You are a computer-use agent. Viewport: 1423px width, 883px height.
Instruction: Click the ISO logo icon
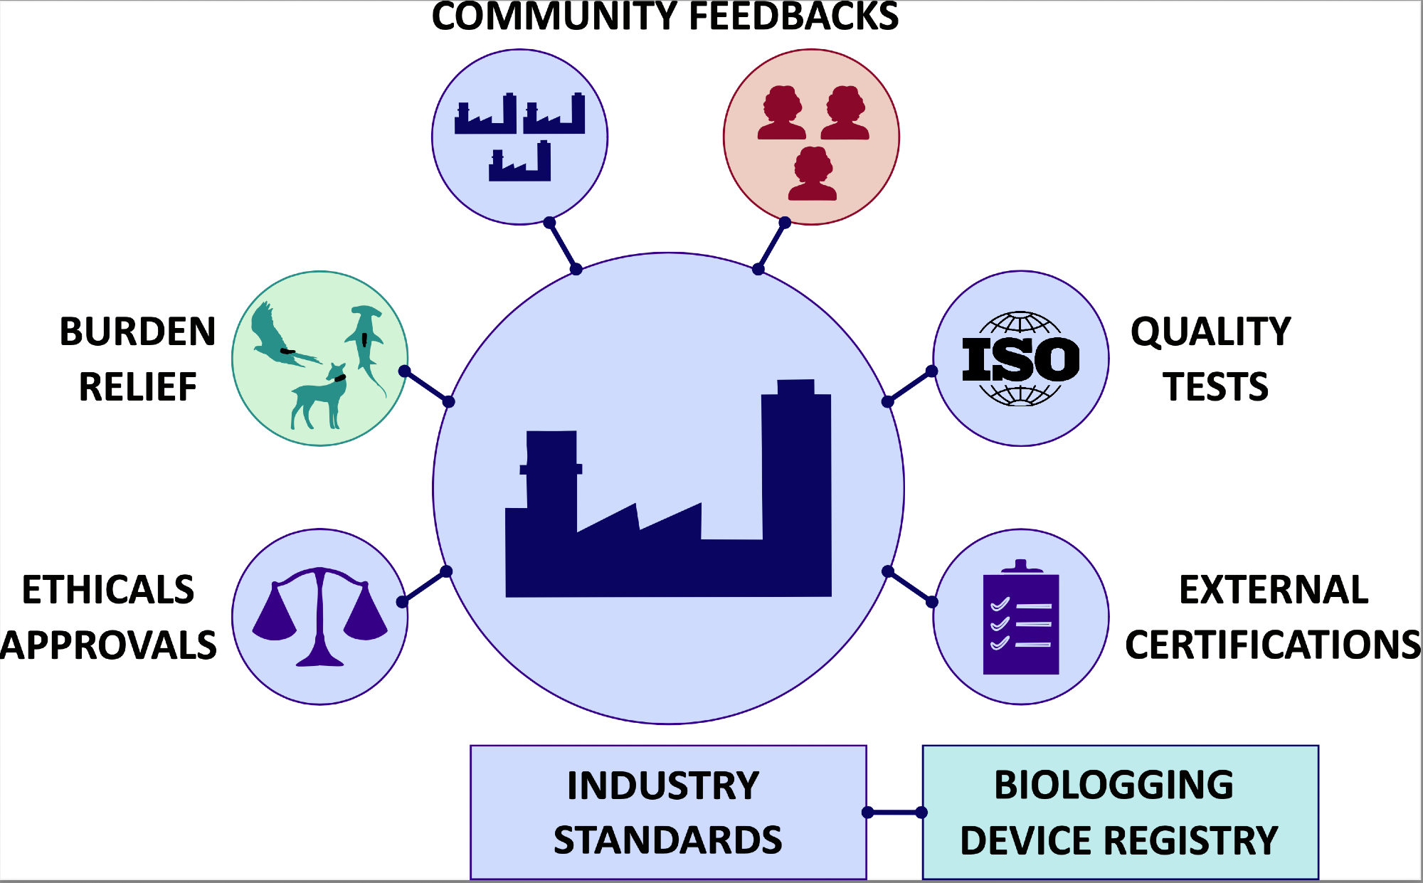point(1020,359)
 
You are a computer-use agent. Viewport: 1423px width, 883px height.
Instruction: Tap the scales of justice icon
point(320,616)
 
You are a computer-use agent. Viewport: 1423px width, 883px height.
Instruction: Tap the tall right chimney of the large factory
point(796,462)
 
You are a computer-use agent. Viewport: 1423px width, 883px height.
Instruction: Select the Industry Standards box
point(668,812)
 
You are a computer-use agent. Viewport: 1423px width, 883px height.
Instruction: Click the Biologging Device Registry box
point(1120,812)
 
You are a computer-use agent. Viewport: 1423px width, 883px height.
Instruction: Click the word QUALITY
point(1210,332)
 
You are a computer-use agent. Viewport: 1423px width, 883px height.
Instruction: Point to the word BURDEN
point(137,332)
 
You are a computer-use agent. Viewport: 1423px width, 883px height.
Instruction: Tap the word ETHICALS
point(108,590)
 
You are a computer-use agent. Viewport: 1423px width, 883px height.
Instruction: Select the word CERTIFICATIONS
point(1272,645)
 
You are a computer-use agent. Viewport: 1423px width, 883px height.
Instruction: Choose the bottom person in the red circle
point(812,175)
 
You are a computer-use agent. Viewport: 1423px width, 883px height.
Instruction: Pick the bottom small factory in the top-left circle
point(520,162)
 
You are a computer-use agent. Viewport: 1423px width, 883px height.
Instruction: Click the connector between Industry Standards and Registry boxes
point(894,812)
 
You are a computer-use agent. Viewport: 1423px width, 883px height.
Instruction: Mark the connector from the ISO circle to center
point(909,386)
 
